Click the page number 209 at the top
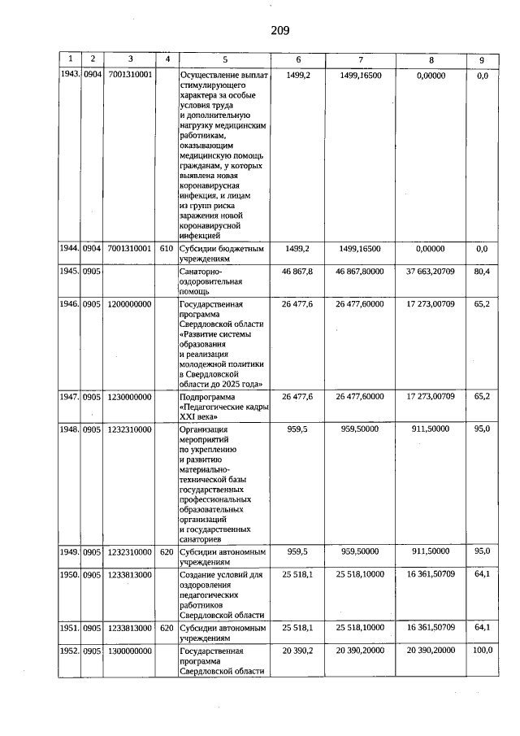pyautogui.click(x=279, y=31)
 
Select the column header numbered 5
pyautogui.click(x=225, y=59)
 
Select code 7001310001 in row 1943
pyautogui.click(x=130, y=75)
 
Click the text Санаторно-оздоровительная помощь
pyautogui.click(x=213, y=281)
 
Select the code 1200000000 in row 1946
pyautogui.click(x=130, y=304)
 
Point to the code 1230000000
pyautogui.click(x=130, y=396)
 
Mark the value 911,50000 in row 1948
pyautogui.click(x=431, y=429)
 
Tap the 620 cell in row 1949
pyautogui.click(x=167, y=551)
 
